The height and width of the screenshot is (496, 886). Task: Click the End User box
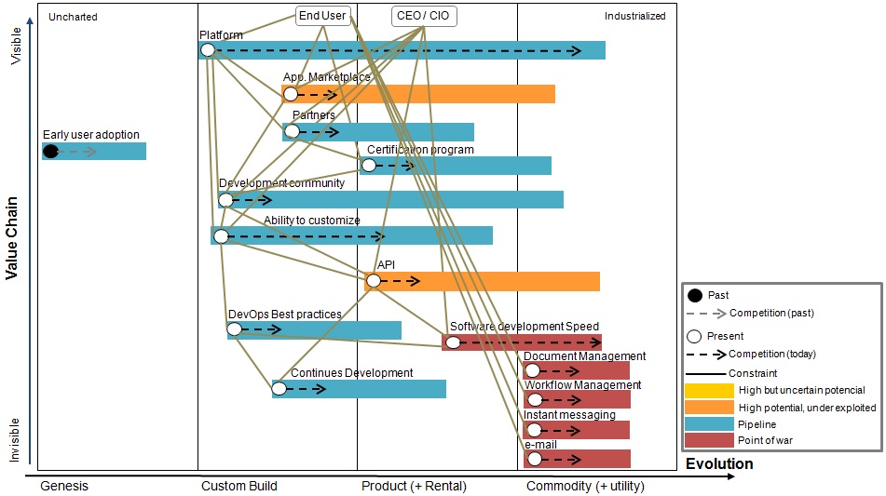(x=322, y=16)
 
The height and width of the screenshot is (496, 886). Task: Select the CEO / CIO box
(x=424, y=16)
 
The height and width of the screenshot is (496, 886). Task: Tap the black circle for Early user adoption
(x=50, y=151)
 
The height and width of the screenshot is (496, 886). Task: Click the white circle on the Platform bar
(x=208, y=50)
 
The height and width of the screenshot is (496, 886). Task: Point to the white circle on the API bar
(x=374, y=280)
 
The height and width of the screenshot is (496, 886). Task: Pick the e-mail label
(x=540, y=445)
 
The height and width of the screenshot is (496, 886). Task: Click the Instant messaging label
(x=569, y=415)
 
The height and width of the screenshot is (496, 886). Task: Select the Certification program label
(x=420, y=150)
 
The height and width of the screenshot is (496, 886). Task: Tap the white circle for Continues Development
(x=279, y=388)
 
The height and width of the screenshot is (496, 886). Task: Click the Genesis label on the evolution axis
(x=64, y=486)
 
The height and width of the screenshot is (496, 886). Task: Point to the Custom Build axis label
(x=239, y=486)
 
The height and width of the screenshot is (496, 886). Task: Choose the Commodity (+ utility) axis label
(x=585, y=486)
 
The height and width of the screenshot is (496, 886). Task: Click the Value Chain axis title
(x=12, y=237)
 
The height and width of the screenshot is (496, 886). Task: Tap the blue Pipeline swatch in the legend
(x=709, y=423)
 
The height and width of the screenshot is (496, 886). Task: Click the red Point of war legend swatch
(x=709, y=440)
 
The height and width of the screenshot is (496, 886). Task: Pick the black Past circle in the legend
(x=694, y=296)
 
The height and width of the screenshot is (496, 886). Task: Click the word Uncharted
(x=73, y=17)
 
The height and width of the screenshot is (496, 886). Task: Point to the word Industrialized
(x=634, y=16)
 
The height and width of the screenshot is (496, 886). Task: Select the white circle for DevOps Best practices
(x=235, y=328)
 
